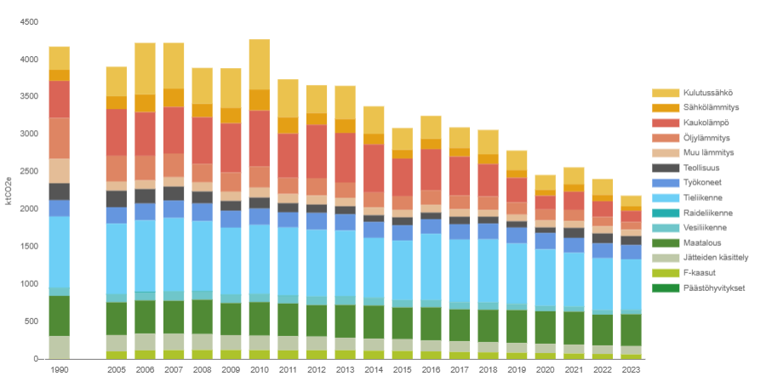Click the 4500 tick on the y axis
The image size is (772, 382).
pos(29,22)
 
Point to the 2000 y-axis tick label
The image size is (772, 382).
pos(29,209)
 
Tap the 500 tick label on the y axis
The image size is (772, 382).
pos(31,322)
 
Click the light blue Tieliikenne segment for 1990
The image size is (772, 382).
pos(60,252)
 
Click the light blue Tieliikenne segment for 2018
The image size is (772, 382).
pos(488,271)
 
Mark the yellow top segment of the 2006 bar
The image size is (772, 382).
pos(146,68)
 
